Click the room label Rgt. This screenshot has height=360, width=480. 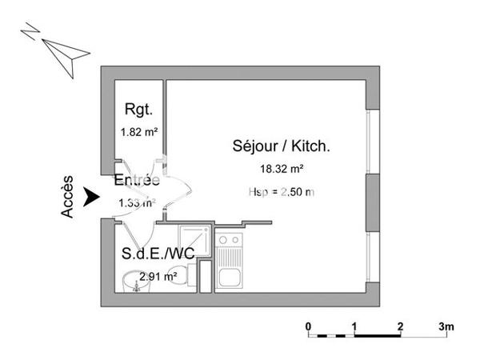tap(138, 110)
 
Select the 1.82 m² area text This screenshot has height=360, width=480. tap(138, 133)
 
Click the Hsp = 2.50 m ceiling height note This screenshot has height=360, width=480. tap(282, 191)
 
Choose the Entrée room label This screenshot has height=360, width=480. tap(136, 182)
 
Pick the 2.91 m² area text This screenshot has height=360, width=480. tap(158, 277)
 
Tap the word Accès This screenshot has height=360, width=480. tap(68, 197)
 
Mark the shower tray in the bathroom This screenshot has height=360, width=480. tap(194, 241)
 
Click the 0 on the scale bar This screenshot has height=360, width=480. tap(309, 326)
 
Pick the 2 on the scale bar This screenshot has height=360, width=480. tap(399, 326)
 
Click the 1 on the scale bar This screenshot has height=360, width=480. tap(354, 326)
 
